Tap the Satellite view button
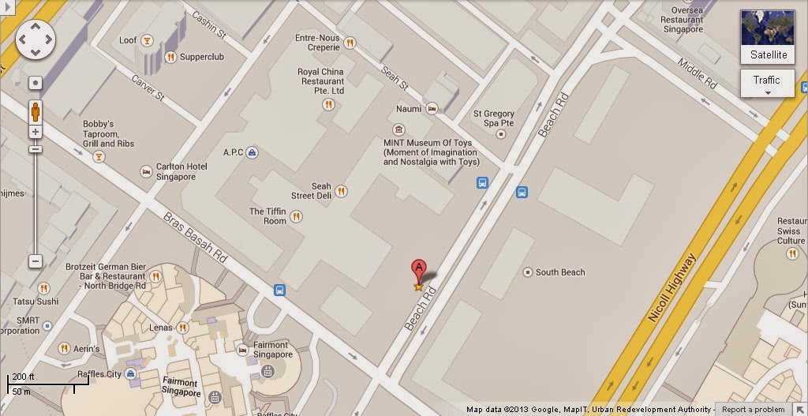click(767, 37)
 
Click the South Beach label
click(559, 272)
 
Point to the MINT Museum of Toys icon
click(399, 129)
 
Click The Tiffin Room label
click(267, 216)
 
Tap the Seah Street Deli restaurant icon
click(341, 190)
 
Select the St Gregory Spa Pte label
click(494, 118)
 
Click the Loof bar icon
click(148, 40)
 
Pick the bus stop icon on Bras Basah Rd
click(280, 290)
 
